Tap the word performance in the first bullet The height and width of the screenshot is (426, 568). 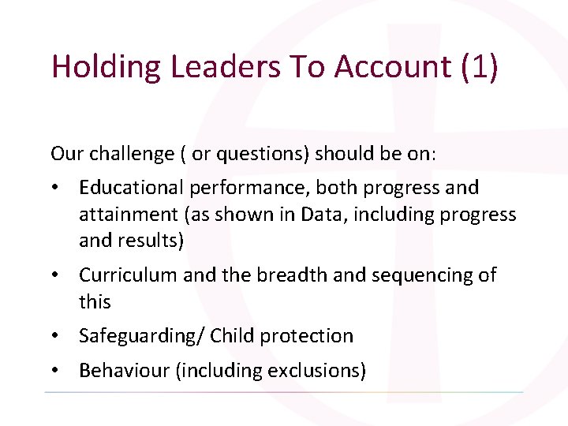(241, 188)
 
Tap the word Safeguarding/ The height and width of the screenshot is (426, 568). (142, 336)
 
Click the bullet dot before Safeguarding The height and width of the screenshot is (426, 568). (58, 336)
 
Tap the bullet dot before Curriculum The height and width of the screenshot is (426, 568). (58, 275)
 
